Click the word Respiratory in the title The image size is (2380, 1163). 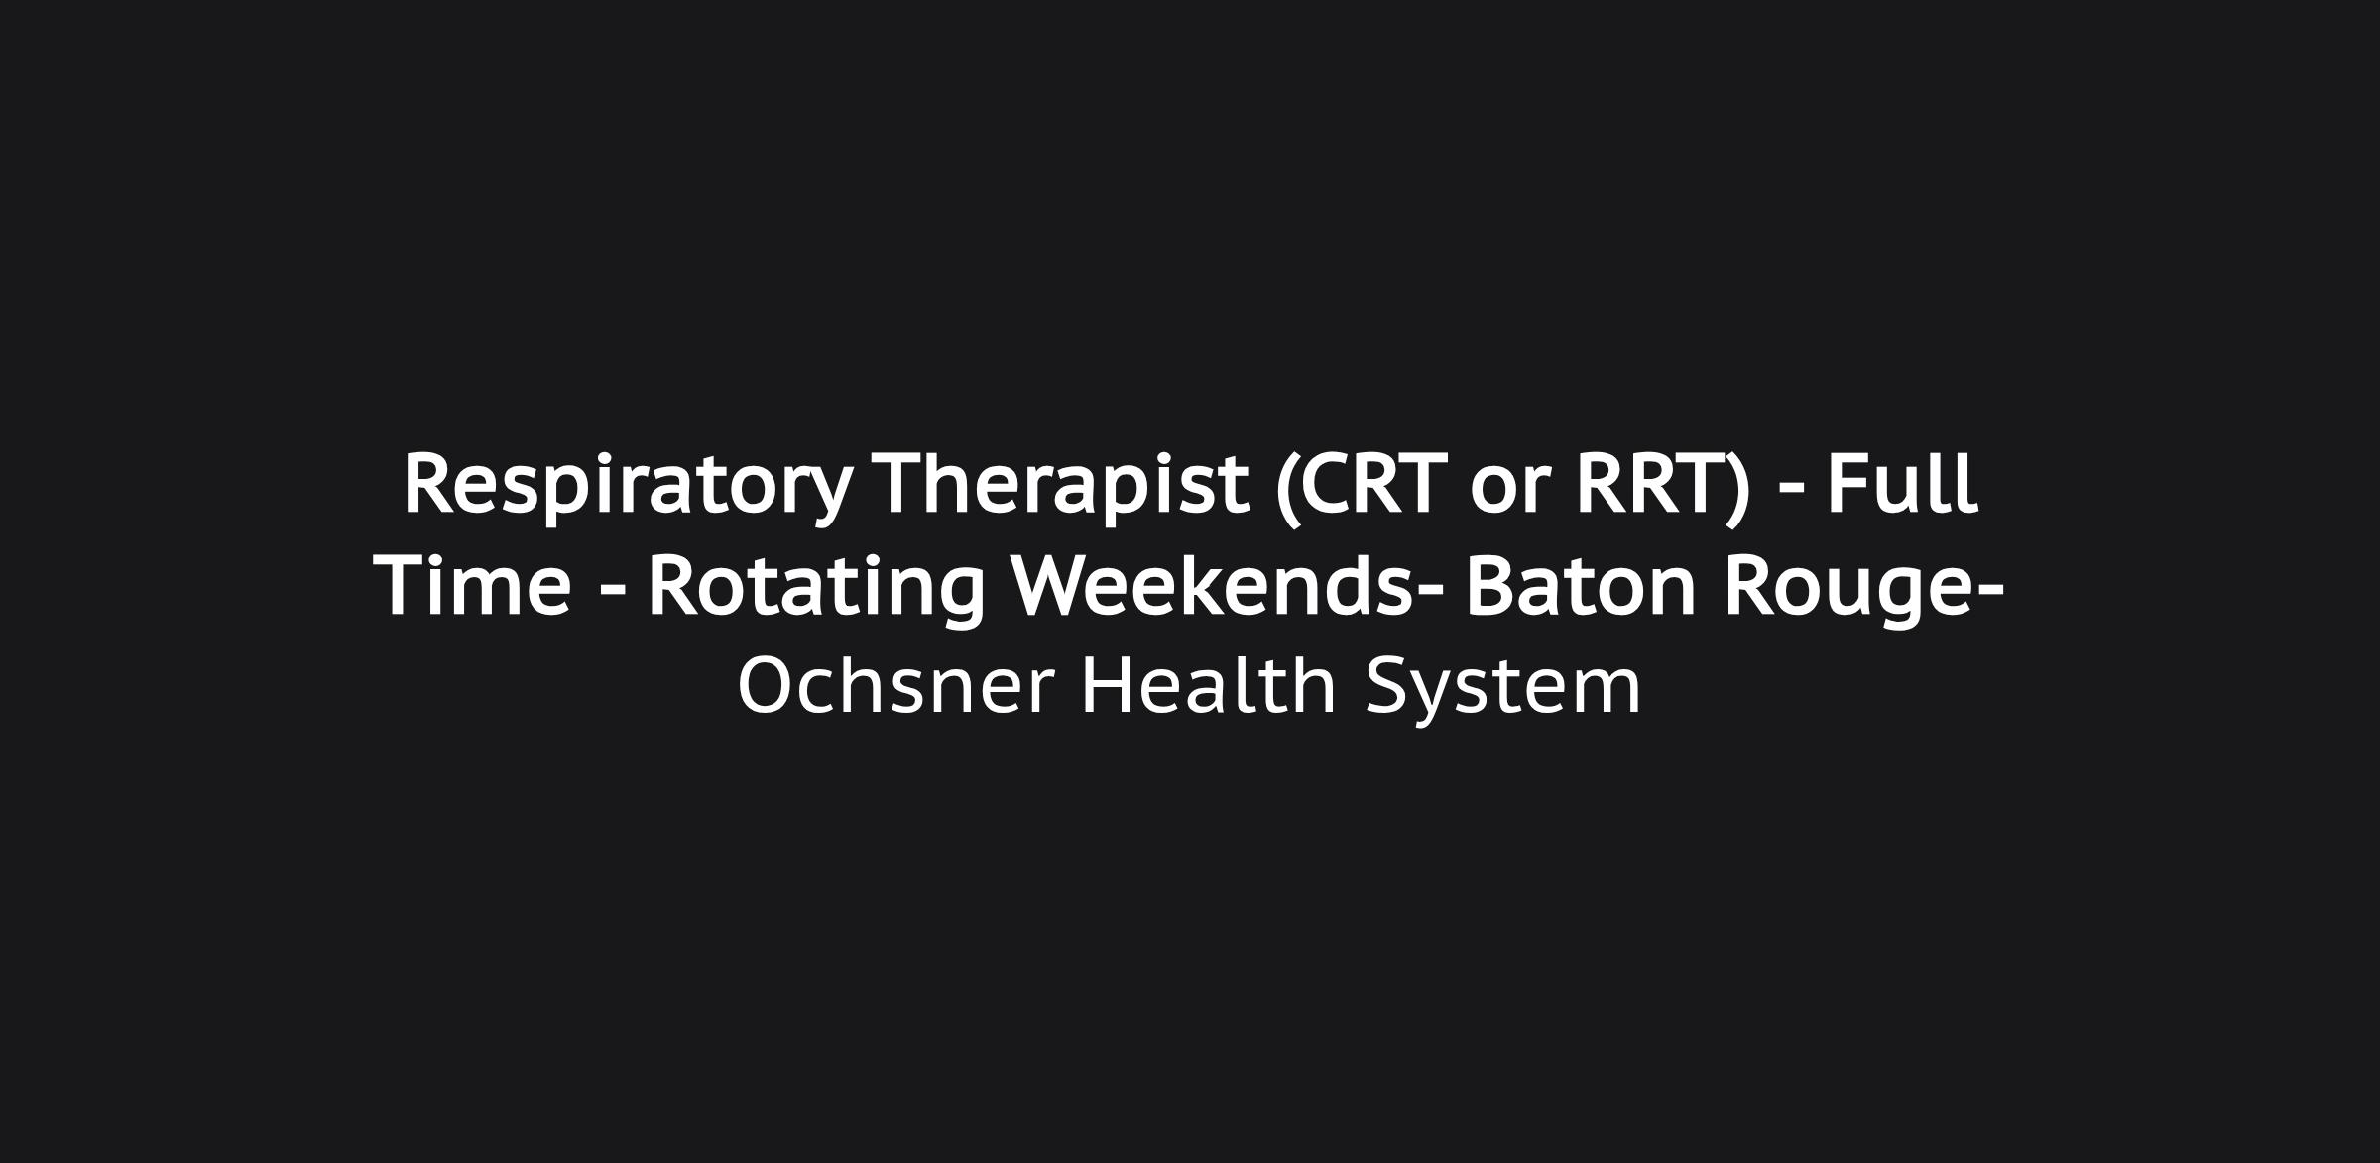pyautogui.click(x=627, y=486)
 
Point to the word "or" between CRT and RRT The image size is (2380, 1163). pyautogui.click(x=1509, y=495)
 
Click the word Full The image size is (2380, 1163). pyautogui.click(x=1903, y=484)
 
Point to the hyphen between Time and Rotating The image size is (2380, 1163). pyautogui.click(x=614, y=593)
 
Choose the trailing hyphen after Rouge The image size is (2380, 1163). pyautogui.click(x=1988, y=593)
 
